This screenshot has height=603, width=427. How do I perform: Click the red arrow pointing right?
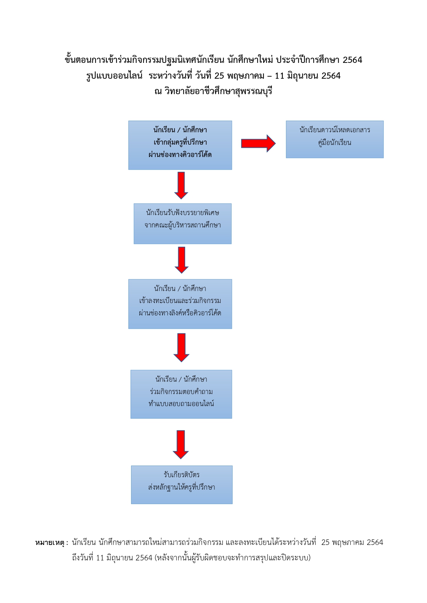coord(258,143)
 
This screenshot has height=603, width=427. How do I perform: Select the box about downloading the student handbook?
coord(334,139)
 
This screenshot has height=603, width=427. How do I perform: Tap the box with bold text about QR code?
coord(180,145)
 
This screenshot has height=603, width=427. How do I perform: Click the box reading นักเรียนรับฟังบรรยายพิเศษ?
coord(182,224)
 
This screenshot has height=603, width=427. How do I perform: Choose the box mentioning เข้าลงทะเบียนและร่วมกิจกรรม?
coord(180,304)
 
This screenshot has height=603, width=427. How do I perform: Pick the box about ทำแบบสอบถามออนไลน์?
coord(181,394)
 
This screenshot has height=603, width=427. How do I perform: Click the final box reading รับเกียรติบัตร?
coord(182,484)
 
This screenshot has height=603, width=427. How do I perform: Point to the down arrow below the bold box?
coord(181,186)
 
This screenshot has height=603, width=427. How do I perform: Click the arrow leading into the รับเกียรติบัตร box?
coord(181,445)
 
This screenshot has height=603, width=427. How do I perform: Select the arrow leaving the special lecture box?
coord(181,260)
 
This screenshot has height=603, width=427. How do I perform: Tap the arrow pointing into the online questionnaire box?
coord(181,347)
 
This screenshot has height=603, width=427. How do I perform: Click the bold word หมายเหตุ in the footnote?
coord(50,543)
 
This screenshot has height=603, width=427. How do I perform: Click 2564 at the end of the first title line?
coord(352,60)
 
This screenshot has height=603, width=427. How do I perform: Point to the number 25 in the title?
coord(219,76)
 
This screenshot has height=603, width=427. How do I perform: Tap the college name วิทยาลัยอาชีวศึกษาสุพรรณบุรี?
coord(218,91)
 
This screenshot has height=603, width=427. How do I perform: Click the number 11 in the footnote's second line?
coord(100,558)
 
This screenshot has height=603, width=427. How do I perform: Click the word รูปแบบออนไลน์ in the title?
coord(114,76)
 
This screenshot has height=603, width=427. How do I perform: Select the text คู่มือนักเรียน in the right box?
coord(334,143)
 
